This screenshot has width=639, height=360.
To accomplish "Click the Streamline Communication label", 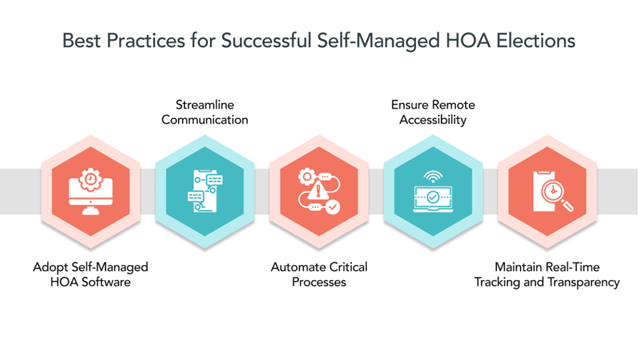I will (205, 112).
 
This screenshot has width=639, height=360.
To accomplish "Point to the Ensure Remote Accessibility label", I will (433, 112).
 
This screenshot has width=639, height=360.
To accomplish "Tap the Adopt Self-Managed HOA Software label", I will (91, 274).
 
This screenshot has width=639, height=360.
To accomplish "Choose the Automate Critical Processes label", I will (319, 274).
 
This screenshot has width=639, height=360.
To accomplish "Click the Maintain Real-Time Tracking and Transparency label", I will (547, 274).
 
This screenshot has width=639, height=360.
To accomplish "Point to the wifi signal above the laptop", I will (433, 176).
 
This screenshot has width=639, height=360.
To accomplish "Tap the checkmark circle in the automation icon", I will (333, 207).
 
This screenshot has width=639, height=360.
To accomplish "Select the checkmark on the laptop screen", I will (433, 196).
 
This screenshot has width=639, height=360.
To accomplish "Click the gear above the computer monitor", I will (91, 179).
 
